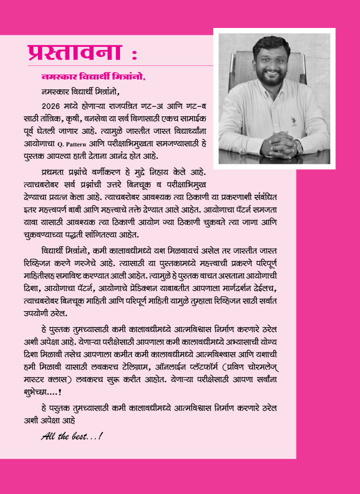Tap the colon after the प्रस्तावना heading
[133, 53]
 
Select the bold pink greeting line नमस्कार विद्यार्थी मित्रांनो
[93, 77]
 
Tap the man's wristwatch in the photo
[298, 145]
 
